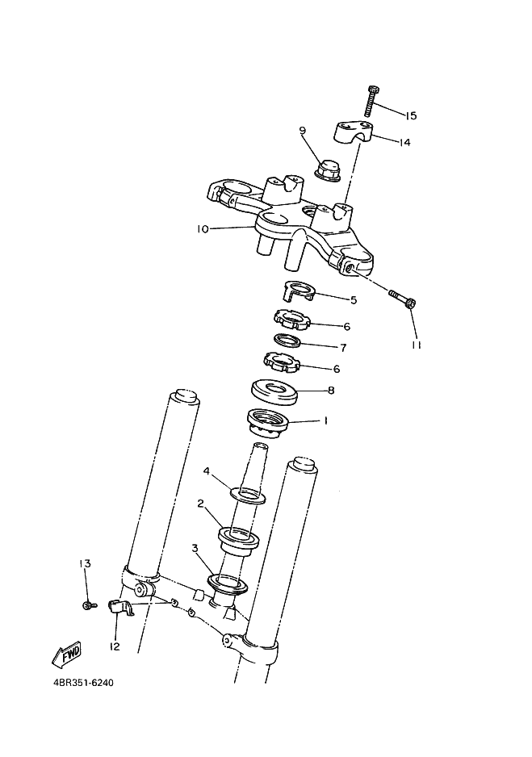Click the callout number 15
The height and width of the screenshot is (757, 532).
point(410,116)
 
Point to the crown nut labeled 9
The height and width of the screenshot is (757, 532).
point(327,169)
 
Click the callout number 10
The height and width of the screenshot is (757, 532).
point(203,229)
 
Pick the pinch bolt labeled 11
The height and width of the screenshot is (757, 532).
point(403,299)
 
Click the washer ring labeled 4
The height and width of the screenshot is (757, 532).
point(249,496)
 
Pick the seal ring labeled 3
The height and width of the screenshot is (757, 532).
point(228,583)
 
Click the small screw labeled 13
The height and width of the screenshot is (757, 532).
point(90,605)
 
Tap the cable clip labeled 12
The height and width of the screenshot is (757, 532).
point(121,608)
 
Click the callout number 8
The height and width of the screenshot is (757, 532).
point(331,390)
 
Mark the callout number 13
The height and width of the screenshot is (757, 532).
point(85,563)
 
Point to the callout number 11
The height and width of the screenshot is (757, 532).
point(417,345)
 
